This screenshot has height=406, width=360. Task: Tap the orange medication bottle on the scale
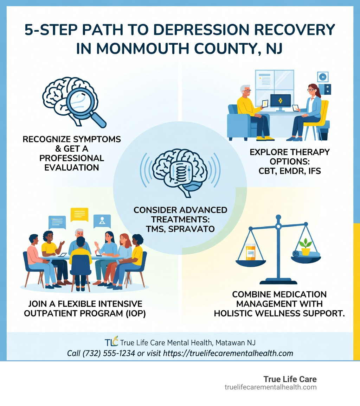click(251, 252)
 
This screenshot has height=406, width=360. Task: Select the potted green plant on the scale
click(305, 247)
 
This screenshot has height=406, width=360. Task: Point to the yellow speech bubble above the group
click(79, 214)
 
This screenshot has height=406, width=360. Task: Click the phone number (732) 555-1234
click(109, 353)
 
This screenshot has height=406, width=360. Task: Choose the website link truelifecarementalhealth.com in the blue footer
click(225, 353)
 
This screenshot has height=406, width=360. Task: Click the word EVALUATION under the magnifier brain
click(71, 167)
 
